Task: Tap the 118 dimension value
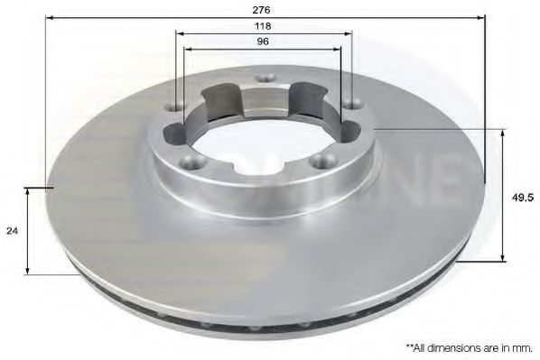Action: [263, 27]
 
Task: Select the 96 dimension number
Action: [263, 43]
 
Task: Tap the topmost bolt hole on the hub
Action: [264, 79]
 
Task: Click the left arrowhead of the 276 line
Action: [48, 17]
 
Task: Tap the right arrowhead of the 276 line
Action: [481, 17]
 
